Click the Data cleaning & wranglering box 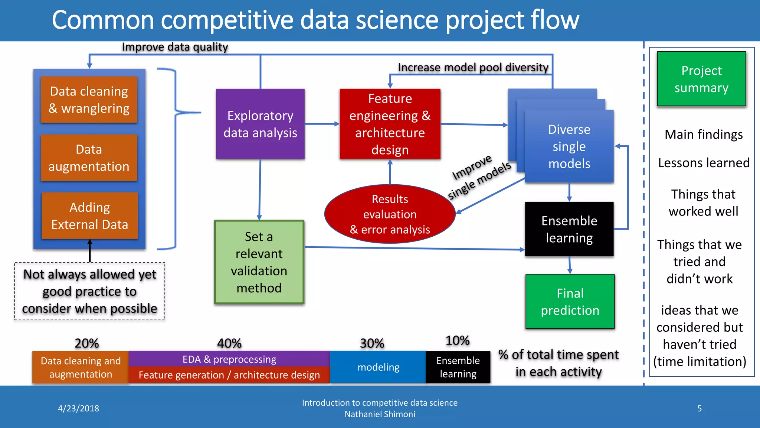click(89, 100)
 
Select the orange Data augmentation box click(89, 158)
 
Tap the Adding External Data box click(89, 216)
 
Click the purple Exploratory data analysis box click(260, 124)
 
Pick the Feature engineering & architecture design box click(390, 124)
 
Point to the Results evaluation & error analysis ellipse click(390, 214)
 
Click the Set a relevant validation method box click(259, 262)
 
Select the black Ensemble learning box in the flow click(569, 229)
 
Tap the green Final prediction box click(570, 302)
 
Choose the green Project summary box click(701, 79)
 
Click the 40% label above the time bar click(229, 343)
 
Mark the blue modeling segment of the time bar click(378, 367)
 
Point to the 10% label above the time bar click(457, 340)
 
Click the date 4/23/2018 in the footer click(78, 408)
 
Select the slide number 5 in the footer click(699, 408)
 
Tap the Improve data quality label click(175, 47)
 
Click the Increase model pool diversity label click(473, 68)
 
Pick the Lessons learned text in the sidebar click(704, 163)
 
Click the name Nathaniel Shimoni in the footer click(380, 414)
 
